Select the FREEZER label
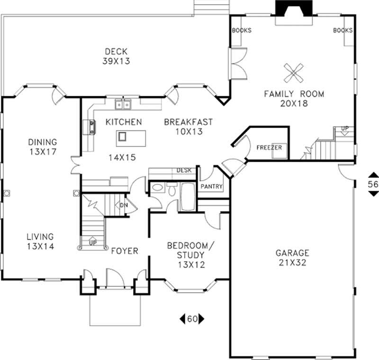point(269,148)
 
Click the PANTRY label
point(211,187)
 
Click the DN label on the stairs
point(124,205)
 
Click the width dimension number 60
point(192,319)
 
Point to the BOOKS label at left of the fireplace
point(241,30)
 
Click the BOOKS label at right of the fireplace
point(343,30)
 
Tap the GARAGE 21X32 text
point(292,258)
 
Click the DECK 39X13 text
point(116,56)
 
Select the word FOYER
point(124,250)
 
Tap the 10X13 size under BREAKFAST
point(188,132)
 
